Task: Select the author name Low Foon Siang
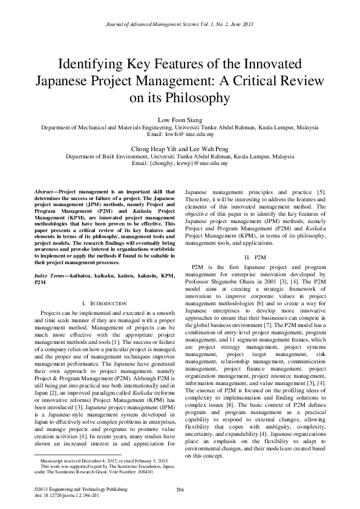tap(180, 120)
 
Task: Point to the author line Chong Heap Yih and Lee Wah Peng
tap(180, 149)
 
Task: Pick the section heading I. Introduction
tap(103, 302)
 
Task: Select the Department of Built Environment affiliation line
tap(180, 156)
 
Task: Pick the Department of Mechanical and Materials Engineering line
tap(180, 128)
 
